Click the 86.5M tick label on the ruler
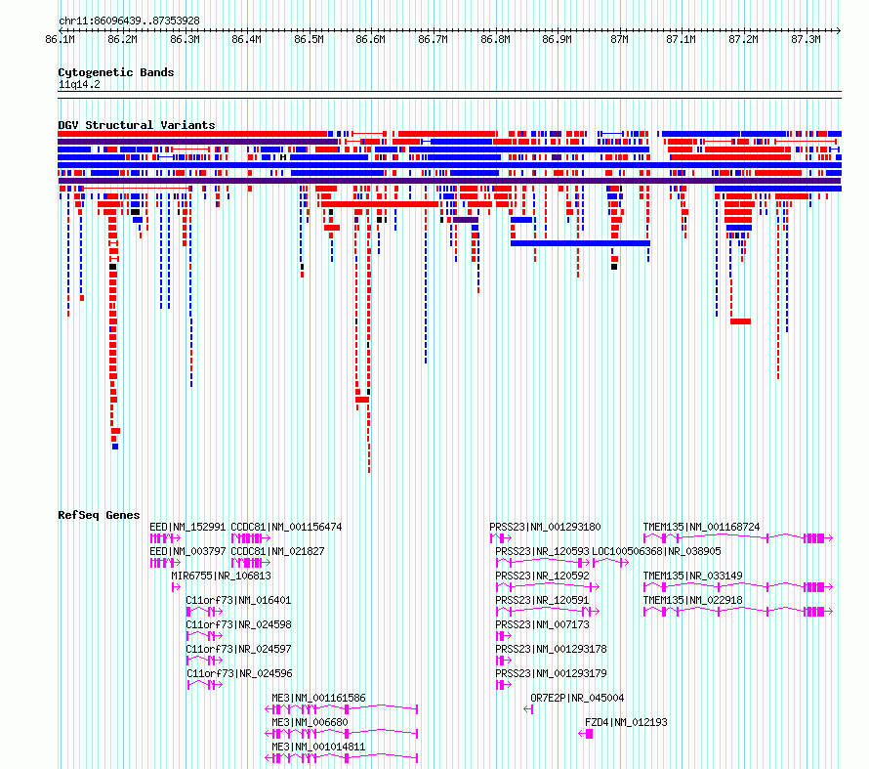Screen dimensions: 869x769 coord(309,39)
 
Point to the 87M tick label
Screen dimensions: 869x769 coord(619,39)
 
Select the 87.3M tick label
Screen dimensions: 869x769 coord(806,39)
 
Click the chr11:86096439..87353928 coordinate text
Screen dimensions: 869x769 coord(129,21)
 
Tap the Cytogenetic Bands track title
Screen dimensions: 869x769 coord(116,72)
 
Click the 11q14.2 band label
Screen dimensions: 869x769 coord(79,84)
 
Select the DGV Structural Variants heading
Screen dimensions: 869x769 coord(137,125)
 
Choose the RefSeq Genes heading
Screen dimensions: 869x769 coord(99,515)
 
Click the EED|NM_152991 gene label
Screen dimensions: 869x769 coord(187,527)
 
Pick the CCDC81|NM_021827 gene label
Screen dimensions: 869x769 coord(277,551)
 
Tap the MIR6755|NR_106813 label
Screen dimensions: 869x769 coord(221,576)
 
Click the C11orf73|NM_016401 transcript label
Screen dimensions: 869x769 coord(238,600)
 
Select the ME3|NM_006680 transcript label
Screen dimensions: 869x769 coord(310,722)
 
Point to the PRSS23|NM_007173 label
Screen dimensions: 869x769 coord(542,624)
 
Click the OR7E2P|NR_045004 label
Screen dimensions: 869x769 coord(577,698)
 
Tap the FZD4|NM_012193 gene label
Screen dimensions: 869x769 coord(626,722)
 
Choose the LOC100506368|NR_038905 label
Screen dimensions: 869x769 coord(656,551)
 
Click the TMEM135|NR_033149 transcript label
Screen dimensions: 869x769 coord(693,576)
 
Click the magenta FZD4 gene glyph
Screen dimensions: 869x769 coord(586,734)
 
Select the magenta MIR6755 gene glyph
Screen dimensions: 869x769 coord(176,587)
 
